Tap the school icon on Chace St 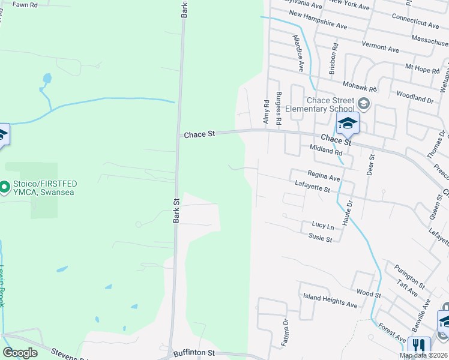point(348,123)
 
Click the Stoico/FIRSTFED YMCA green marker point(4,188)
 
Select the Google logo point(20,353)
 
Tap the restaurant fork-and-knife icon point(418,346)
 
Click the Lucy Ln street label point(322,226)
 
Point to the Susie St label point(320,239)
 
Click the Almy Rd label point(266,112)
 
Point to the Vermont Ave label point(381,47)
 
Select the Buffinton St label point(193,353)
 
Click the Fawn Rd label point(25,5)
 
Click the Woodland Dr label point(415,97)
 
